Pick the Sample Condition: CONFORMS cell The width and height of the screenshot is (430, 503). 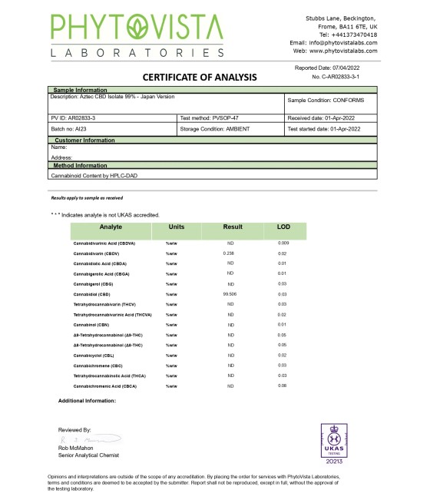point(326,101)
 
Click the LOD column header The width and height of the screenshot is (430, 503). point(283,228)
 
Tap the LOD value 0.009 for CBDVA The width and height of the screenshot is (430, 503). point(283,242)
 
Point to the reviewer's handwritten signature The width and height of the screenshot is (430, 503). point(81,439)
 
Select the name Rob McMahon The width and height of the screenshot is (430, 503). point(78,448)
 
